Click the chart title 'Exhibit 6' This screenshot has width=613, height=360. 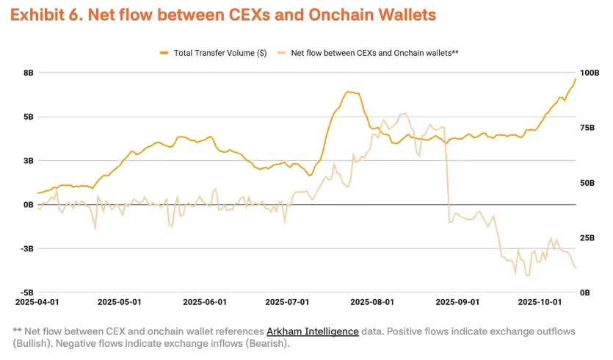tap(46, 15)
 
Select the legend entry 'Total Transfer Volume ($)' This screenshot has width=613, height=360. tap(220, 53)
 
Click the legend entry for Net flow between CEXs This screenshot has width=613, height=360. tap(374, 53)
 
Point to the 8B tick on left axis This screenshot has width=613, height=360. tap(29, 73)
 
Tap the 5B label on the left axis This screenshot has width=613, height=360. tap(29, 117)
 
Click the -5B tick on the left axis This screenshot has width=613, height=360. tap(27, 293)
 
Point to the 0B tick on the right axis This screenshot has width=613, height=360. tap(586, 293)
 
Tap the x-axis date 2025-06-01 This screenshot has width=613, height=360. tap(205, 302)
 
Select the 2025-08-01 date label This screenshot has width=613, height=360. tap(372, 302)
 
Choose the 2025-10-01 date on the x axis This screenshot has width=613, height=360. tap(540, 302)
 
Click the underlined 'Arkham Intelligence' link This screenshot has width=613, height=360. tap(312, 331)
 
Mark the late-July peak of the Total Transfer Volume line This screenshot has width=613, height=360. tap(350, 92)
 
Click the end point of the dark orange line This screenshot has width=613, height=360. tap(576, 79)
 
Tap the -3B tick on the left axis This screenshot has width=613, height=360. tap(27, 249)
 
